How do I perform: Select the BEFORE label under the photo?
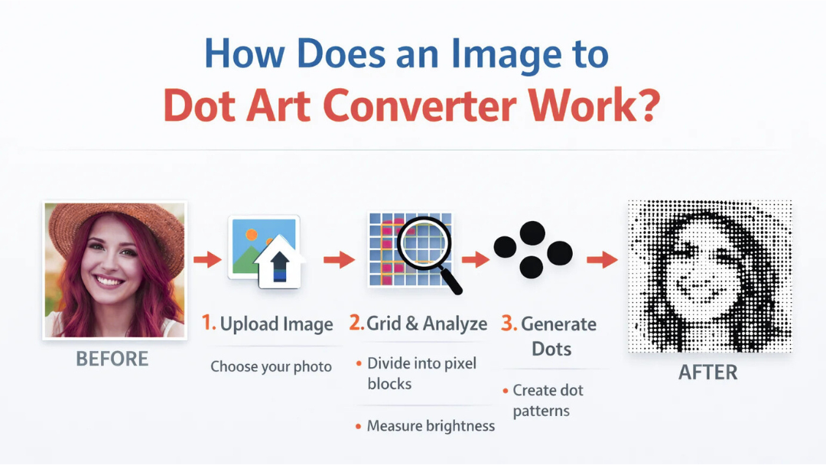pos(112,359)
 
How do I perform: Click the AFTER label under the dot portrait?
pos(708,372)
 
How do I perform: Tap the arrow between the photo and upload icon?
pos(206,261)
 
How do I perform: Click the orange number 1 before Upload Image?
pos(207,324)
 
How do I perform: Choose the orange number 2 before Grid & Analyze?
pos(356,324)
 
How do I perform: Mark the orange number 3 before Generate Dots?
pos(509,324)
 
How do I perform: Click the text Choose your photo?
pos(271,367)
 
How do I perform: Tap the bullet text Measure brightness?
pos(431,426)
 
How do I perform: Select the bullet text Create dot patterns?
pos(548,400)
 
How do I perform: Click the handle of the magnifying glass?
pos(451,283)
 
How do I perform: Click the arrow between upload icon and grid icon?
pos(338,261)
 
